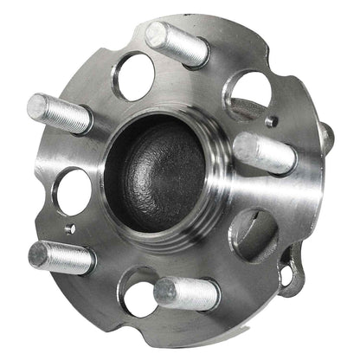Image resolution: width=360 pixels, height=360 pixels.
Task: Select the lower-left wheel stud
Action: point(61,257)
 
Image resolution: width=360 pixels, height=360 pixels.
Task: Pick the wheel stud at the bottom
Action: point(185,293)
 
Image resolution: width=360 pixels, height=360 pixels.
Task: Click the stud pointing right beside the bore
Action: point(264,152)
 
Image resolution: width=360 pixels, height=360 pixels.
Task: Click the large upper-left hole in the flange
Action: point(134,77)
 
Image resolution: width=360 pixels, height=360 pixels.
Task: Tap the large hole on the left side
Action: point(75,190)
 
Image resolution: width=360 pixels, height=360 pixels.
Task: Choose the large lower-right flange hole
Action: point(253,236)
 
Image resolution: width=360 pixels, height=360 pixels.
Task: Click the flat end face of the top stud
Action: point(156,34)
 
